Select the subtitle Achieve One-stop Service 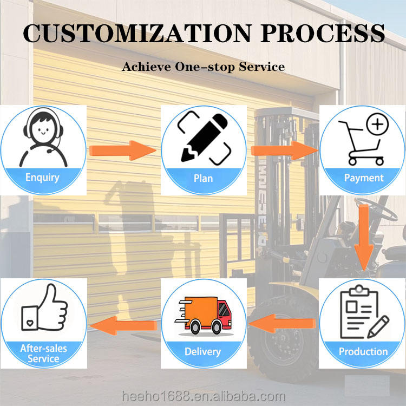pos(203,67)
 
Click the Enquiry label pos(43,178)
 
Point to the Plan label pos(203,178)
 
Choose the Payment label pos(364,178)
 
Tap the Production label pos(363,351)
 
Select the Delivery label pos(203,352)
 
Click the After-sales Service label pos(43,353)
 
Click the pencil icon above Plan pos(203,136)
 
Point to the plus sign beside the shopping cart pos(377,125)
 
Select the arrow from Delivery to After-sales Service pos(124,324)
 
